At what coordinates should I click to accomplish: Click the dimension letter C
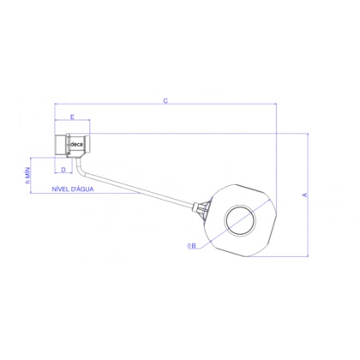coord(165,101)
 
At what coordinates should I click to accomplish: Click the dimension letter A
coord(304,195)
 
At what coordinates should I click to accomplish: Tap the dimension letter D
coord(63,170)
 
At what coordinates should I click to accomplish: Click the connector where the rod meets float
coord(203,208)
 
